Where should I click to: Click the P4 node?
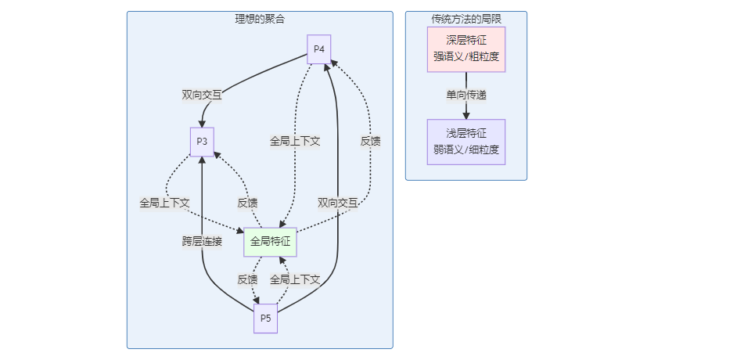[x=318, y=49]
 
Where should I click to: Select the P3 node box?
[x=202, y=142]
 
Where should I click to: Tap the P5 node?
[x=266, y=319]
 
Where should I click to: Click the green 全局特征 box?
[x=270, y=242]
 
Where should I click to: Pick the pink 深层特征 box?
[x=466, y=49]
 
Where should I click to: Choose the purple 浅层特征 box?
[x=466, y=142]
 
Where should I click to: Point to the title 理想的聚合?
[x=260, y=19]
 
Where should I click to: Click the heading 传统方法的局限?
[x=466, y=19]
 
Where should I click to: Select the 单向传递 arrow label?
[x=466, y=95]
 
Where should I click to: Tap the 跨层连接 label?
[x=202, y=242]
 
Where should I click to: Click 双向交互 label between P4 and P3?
[x=202, y=95]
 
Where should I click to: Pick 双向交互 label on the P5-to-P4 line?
[x=338, y=203]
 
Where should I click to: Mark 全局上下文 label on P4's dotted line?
[x=295, y=141]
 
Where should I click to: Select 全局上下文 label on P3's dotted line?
[x=164, y=203]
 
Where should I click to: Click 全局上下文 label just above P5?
[x=295, y=279]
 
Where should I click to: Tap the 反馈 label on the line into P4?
[x=371, y=141]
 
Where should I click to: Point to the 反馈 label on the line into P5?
[x=247, y=279]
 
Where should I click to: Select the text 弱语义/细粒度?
[x=466, y=149]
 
